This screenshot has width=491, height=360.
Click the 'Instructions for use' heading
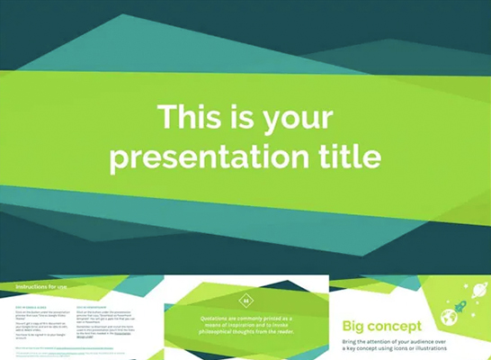point(41,287)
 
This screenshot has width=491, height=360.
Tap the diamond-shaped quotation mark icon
point(245,301)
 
